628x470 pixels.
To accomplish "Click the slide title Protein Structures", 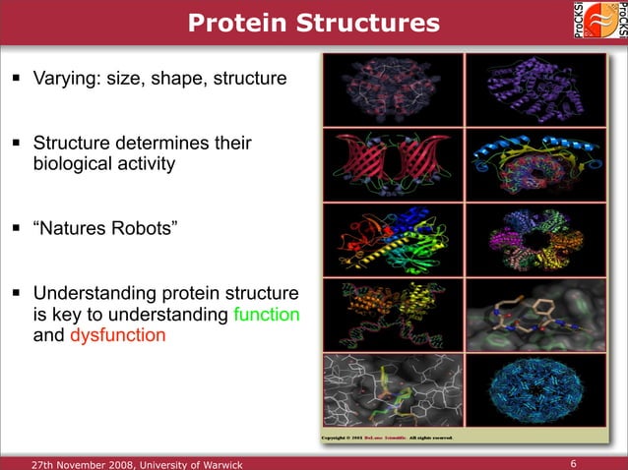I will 314,22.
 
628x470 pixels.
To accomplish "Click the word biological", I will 79,164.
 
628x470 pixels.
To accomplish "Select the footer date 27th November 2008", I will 91,462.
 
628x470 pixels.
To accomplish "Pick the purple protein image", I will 527,88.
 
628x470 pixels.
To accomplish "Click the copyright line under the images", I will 388,438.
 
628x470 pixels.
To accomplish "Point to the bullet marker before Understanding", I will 19,294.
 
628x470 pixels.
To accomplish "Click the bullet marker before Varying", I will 19,77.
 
